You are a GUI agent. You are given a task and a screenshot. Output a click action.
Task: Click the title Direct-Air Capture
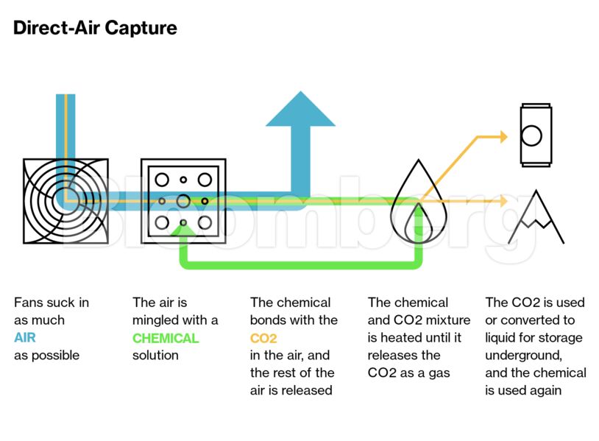click(95, 29)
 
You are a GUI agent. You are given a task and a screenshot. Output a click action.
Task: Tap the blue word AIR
click(26, 338)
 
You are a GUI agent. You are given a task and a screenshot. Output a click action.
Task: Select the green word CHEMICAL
click(166, 338)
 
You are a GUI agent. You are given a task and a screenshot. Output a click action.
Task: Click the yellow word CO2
click(263, 338)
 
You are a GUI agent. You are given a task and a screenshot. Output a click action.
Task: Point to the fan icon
click(65, 201)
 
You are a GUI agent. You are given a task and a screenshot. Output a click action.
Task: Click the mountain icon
click(536, 219)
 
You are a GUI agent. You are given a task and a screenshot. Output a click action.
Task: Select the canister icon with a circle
click(531, 135)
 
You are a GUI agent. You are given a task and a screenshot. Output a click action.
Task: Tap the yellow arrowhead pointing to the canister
click(503, 136)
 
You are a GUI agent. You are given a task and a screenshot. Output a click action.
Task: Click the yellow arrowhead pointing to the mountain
click(503, 200)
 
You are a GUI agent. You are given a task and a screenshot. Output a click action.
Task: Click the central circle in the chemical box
click(183, 200)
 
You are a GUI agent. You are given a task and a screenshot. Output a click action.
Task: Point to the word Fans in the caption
click(29, 303)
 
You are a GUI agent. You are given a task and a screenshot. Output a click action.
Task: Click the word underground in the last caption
click(522, 356)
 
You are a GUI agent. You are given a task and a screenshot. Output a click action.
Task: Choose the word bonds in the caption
click(269, 320)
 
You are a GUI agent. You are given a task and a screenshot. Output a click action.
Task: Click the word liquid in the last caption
click(503, 338)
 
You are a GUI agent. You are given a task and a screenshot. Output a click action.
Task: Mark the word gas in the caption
click(439, 373)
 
